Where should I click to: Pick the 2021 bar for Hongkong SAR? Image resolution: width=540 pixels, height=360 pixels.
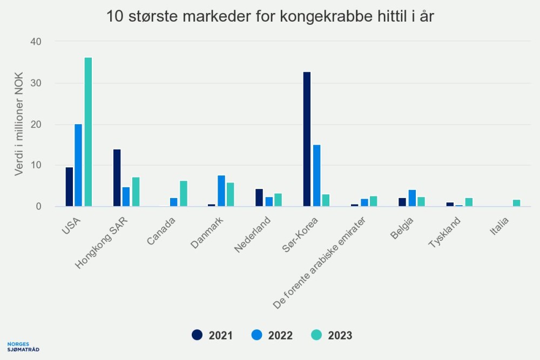click(x=117, y=178)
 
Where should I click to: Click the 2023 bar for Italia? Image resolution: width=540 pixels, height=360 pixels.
click(x=517, y=203)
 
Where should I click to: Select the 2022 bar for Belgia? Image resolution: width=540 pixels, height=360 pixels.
click(x=411, y=198)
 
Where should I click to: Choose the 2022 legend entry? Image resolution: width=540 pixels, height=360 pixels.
click(x=272, y=335)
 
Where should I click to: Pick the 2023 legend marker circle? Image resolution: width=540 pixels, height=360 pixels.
click(x=316, y=335)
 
